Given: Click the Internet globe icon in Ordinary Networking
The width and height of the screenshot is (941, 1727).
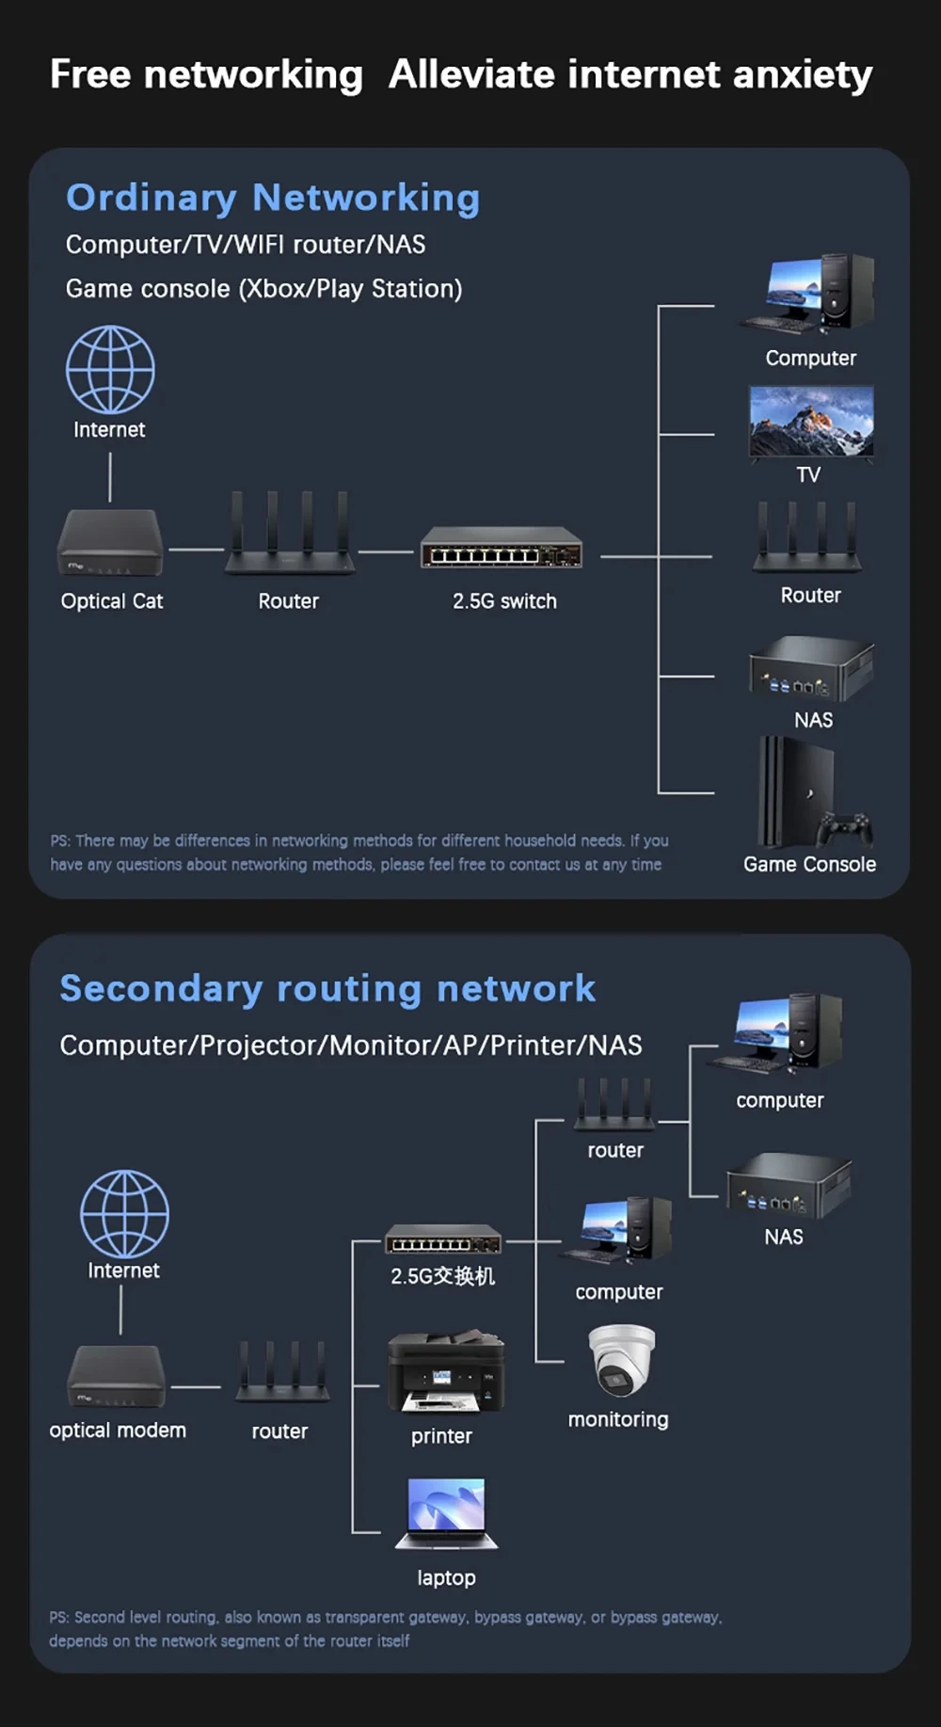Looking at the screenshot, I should pos(110,369).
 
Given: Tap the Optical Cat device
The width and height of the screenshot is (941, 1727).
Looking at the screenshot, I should pos(110,544).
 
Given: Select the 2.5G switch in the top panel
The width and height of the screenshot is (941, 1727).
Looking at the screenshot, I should pos(502,548).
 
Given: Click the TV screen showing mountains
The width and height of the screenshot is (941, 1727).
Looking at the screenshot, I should pos(811,421).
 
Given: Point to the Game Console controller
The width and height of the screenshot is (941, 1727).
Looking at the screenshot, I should pos(845,828).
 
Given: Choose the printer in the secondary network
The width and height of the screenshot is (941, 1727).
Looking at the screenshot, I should pos(446,1371).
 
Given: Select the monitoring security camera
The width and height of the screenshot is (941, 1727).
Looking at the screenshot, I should pos(621,1359).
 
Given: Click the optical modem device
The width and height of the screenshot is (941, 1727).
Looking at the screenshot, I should pos(117,1376).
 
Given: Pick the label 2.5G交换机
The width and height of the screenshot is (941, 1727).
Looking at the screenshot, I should pos(442,1276).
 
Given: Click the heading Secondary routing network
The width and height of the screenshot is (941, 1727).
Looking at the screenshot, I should pos(327,988).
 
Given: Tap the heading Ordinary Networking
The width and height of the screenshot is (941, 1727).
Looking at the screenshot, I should pos(273,198).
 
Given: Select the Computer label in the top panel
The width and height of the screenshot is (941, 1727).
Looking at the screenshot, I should pos(810,359).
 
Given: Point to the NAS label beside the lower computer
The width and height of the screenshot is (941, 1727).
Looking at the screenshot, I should pos(783,1237).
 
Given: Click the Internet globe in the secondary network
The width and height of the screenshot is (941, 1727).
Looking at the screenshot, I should pos(124,1214).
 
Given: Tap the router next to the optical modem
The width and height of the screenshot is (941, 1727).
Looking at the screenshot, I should pos(281,1374).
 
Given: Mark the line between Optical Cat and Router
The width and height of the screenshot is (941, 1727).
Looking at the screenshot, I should pos(196,549).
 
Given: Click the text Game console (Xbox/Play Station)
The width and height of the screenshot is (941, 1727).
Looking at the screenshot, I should pos(263,289).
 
